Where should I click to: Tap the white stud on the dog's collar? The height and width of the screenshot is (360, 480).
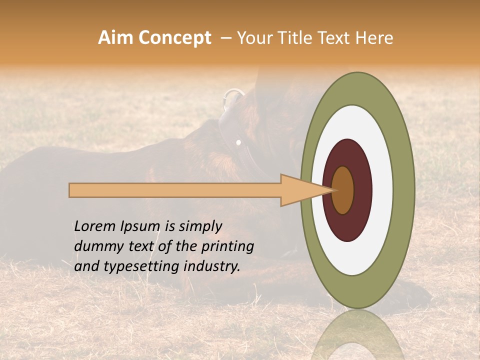(x=238, y=142)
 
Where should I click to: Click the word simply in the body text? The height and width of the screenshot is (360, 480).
(x=200, y=226)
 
